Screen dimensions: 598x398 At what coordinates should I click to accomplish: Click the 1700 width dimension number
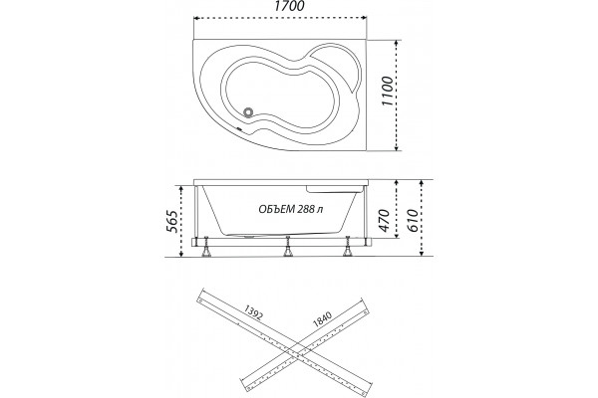click(289, 7)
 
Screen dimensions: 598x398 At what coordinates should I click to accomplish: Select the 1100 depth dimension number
click(388, 92)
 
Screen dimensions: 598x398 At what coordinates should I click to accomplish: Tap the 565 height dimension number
click(172, 222)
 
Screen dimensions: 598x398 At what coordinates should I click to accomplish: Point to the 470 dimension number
click(385, 220)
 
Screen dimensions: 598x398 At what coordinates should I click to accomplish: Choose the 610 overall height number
click(413, 220)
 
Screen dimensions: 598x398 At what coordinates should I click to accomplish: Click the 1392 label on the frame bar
click(253, 311)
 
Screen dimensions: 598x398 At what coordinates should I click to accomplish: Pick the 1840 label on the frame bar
click(323, 319)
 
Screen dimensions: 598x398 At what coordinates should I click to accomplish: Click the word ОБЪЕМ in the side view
click(275, 209)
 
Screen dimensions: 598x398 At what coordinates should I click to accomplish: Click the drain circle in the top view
click(248, 112)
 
